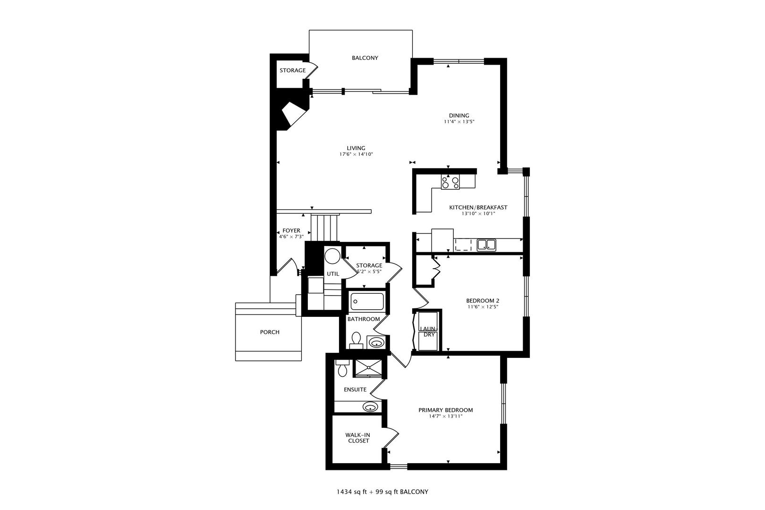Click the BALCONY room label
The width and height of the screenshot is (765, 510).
click(365, 58)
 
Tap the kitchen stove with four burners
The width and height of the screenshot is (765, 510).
click(450, 182)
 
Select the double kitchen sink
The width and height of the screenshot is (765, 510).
click(486, 245)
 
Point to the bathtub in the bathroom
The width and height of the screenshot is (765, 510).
click(367, 302)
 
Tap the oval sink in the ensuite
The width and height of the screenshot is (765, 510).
click(371, 407)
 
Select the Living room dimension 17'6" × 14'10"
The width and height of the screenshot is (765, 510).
click(356, 154)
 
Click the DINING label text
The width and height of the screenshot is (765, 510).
click(459, 116)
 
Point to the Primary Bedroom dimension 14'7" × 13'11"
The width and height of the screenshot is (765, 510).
click(446, 416)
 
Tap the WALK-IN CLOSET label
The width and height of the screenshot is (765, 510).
click(358, 438)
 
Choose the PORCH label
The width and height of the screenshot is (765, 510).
click(270, 332)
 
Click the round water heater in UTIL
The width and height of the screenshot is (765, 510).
click(331, 256)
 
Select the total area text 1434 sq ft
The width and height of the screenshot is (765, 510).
click(351, 492)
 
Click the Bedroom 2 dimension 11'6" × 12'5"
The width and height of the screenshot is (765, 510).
click(483, 307)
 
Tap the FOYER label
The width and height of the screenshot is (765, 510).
click(291, 230)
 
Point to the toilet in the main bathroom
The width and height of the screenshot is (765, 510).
click(356, 340)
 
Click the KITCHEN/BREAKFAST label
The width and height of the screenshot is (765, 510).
click(478, 207)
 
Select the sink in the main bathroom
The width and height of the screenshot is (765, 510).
click(376, 342)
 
